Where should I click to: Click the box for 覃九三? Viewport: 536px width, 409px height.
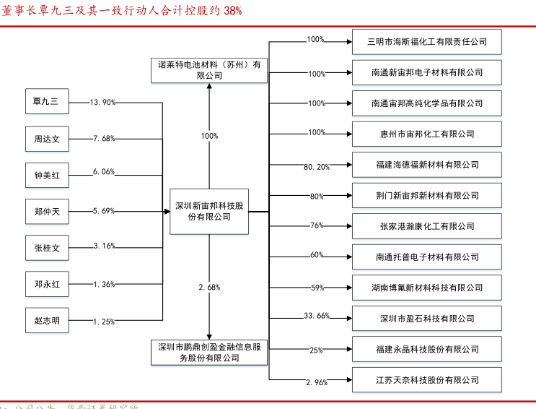click(47, 103)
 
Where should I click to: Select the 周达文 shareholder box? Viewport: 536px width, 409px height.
click(47, 139)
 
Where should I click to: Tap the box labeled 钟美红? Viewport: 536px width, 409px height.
click(47, 176)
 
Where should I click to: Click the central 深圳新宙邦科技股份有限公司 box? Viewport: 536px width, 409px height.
click(209, 211)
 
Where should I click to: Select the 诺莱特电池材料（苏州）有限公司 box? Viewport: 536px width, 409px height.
click(209, 70)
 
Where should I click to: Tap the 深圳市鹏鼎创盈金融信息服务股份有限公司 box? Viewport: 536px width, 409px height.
click(209, 352)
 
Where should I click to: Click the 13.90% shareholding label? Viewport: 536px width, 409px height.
click(102, 103)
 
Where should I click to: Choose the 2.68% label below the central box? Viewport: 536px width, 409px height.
click(209, 288)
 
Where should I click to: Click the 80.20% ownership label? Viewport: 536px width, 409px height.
click(316, 167)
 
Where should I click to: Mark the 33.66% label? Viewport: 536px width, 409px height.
click(316, 316)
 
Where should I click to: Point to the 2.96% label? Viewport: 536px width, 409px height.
click(317, 382)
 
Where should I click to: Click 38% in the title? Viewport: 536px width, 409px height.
click(233, 11)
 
